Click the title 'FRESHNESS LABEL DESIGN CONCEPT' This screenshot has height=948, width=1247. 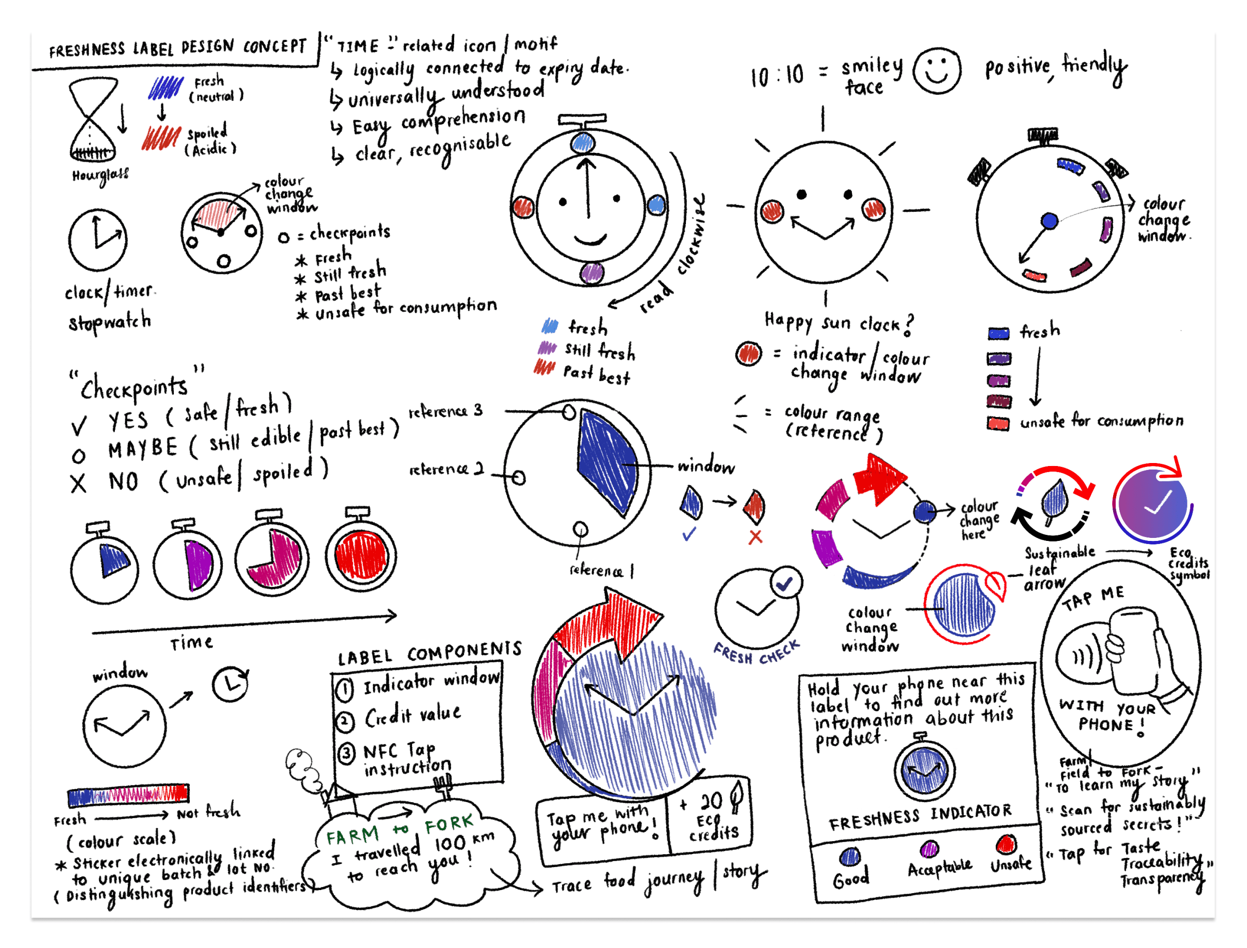177,47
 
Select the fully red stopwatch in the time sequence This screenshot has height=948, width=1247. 361,555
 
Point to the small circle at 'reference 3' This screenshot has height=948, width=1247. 569,413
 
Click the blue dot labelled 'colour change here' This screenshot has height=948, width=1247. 924,512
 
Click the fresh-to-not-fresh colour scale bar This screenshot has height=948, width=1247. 127,795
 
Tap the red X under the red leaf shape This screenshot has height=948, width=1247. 755,536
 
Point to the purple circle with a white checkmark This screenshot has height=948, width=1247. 1153,502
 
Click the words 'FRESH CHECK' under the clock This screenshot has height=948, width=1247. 756,653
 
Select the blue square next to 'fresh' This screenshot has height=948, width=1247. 998,334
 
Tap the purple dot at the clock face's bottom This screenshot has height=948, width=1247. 592,273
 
